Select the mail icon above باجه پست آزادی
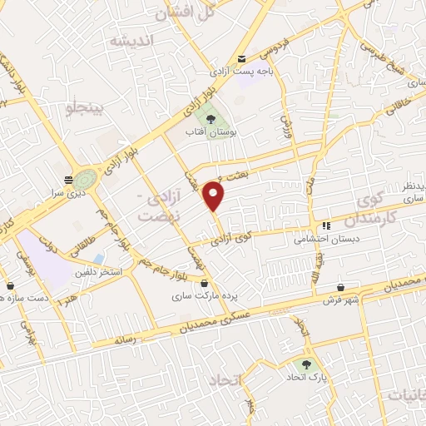click(x=241, y=59)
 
